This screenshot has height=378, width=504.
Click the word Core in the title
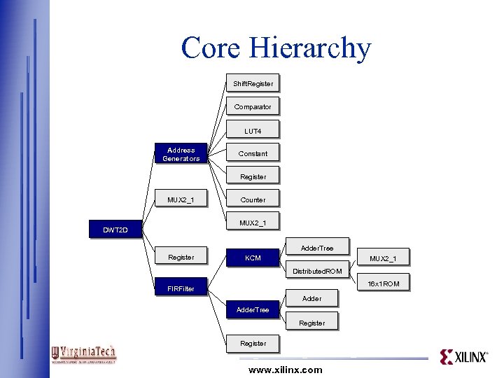pos(212,48)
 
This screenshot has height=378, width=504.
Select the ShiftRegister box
pos(253,83)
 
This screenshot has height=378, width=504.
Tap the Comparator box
pos(253,106)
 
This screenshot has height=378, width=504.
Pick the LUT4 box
pos(253,130)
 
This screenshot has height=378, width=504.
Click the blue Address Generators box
pos(181,154)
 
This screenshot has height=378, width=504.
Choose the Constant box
pos(253,153)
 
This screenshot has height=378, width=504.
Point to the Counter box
pos(253,199)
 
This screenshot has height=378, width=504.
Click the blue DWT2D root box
pos(115,230)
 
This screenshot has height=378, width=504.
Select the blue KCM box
pos(253,258)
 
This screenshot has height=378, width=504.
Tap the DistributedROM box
pos(317,271)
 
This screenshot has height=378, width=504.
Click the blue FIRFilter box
pos(181,288)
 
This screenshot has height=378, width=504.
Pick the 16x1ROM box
pos(383,283)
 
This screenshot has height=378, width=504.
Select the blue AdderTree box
pos(253,309)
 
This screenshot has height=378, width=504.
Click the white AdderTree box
pos(316,248)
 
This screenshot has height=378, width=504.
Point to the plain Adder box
pos(311,298)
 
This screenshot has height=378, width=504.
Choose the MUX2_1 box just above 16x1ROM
pos(383,258)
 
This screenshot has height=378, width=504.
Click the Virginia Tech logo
pos(84,354)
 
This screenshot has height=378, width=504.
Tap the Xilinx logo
pos(463,357)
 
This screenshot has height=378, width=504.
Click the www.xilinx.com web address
pos(285,370)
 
